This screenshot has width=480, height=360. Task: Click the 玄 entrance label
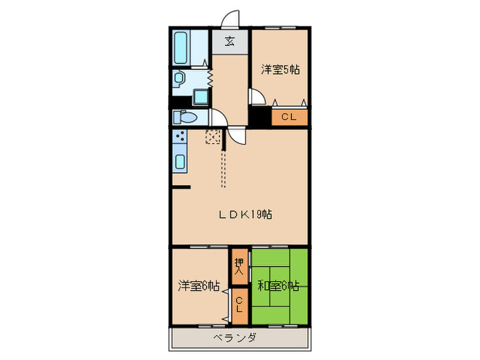[x=229, y=41]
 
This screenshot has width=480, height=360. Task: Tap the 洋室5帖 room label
[x=280, y=69]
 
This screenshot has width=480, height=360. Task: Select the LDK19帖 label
[x=246, y=215]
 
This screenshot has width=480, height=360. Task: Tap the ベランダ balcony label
[x=235, y=338]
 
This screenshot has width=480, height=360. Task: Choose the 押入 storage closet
[x=239, y=265]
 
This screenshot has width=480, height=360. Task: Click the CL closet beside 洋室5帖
[x=289, y=117]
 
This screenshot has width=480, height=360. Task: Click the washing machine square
[x=201, y=96]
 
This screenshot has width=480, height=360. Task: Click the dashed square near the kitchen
[x=213, y=137]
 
